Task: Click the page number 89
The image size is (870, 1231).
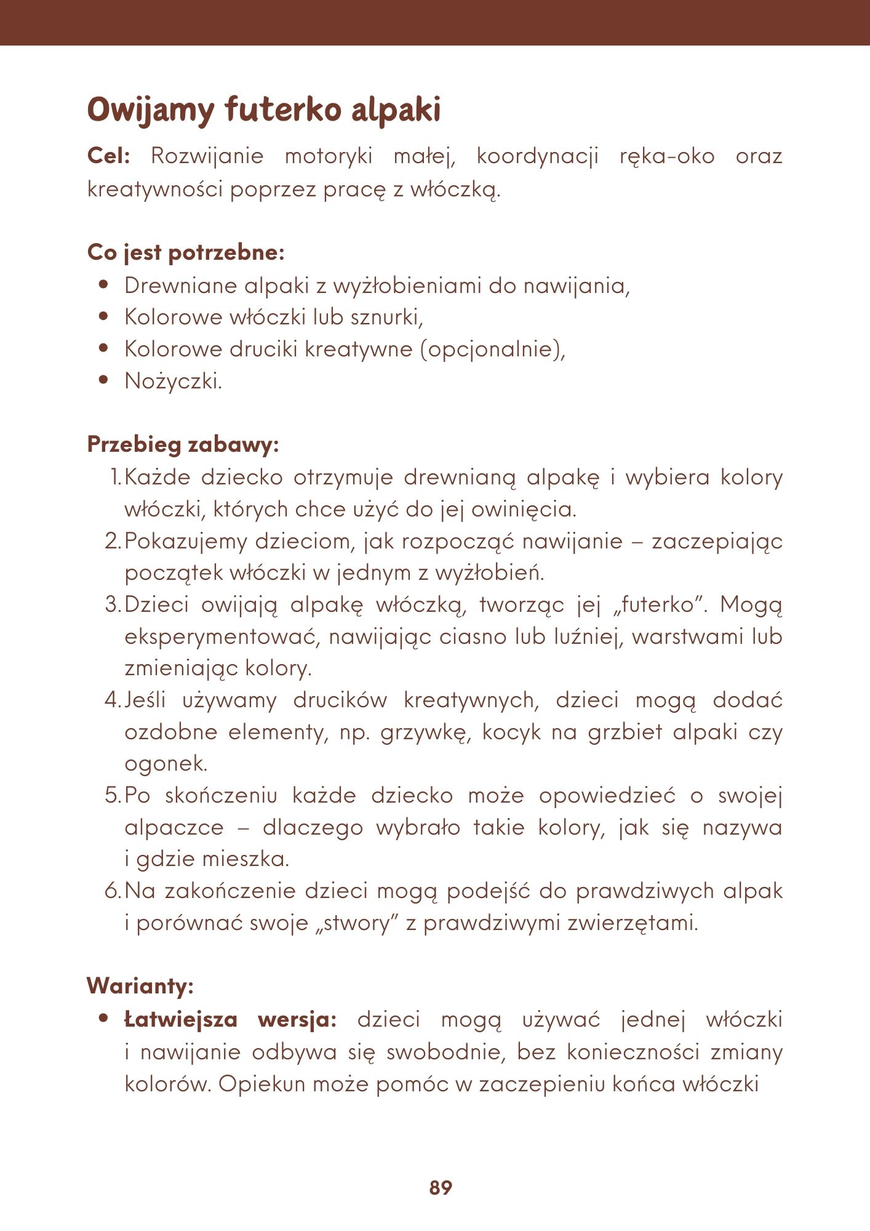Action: pyautogui.click(x=441, y=1187)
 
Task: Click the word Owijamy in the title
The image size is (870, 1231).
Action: pyautogui.click(x=151, y=111)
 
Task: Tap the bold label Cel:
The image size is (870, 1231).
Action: pyautogui.click(x=108, y=156)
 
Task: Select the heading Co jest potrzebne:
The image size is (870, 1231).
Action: pyautogui.click(x=186, y=252)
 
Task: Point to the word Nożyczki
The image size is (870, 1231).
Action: pyautogui.click(x=173, y=381)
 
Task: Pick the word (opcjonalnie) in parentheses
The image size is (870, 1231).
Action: pyautogui.click(x=492, y=349)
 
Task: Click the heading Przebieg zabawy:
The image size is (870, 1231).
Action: pyautogui.click(x=183, y=444)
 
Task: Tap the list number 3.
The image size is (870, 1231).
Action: pyautogui.click(x=113, y=604)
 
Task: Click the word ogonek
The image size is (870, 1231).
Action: pyautogui.click(x=166, y=764)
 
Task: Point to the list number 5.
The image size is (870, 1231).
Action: pyautogui.click(x=113, y=795)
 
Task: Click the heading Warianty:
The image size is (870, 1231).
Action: pyautogui.click(x=140, y=986)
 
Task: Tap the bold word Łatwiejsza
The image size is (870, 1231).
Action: pyautogui.click(x=181, y=1019)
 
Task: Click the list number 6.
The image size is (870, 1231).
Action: pyautogui.click(x=113, y=891)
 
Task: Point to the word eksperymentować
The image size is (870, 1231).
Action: pyautogui.click(x=223, y=636)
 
